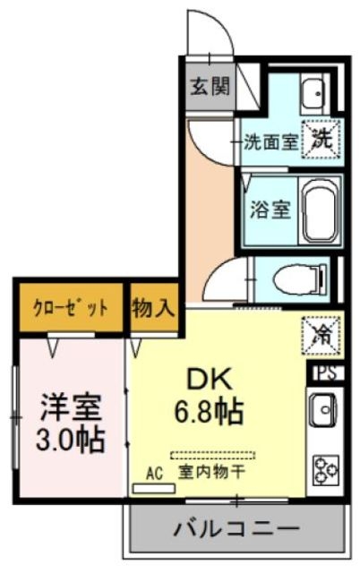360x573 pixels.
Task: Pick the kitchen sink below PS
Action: [x=323, y=412]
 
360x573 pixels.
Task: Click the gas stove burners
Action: [x=323, y=468]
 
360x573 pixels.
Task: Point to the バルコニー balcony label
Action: [x=236, y=528]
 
